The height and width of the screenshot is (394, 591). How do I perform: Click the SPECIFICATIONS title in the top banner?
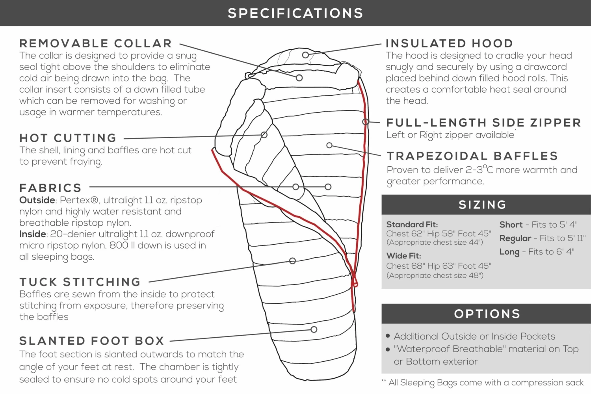[x=295, y=13]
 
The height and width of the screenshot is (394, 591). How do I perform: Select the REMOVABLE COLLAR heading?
[x=96, y=43]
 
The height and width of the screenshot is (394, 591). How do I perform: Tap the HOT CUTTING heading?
[x=68, y=138]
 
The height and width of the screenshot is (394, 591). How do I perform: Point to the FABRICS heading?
[x=50, y=188]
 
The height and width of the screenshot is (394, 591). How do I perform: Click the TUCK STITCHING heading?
[x=80, y=282]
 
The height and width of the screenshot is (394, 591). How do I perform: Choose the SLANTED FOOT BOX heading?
[x=92, y=341]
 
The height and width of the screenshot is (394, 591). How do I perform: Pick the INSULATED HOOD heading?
[x=449, y=43]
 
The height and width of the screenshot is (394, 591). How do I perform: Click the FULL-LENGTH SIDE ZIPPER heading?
[x=483, y=123]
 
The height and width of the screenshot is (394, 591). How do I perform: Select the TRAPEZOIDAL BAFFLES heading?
[x=472, y=156]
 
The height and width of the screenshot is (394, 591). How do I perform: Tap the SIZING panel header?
[x=483, y=205]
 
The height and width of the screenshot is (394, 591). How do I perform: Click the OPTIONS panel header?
[x=487, y=314]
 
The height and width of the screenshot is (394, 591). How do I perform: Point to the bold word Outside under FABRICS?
[x=37, y=200]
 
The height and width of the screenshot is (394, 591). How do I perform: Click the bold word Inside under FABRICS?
[x=33, y=234]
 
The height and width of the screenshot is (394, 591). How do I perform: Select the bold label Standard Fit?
[x=412, y=225]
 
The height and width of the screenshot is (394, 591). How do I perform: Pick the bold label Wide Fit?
[x=403, y=256]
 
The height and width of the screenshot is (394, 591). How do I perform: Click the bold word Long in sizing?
[x=509, y=252]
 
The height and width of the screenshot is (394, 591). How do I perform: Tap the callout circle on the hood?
[x=305, y=55]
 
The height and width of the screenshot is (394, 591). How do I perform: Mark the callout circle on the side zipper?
[x=366, y=122]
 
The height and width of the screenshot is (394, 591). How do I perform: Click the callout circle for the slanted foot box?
[x=314, y=329]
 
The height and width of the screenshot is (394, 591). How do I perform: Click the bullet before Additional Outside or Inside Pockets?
[x=388, y=336]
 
